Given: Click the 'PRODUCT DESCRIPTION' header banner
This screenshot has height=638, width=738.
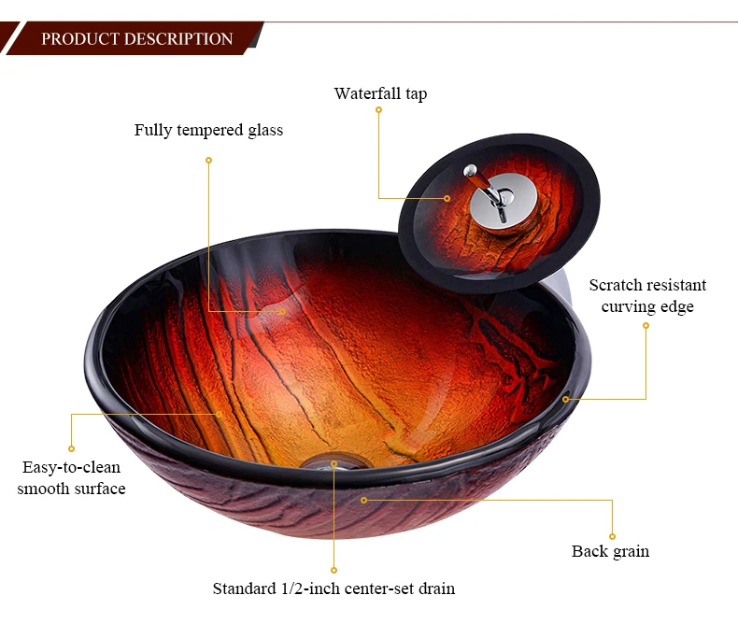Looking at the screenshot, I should point(136,39).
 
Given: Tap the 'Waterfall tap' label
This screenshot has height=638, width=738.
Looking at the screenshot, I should point(380,93).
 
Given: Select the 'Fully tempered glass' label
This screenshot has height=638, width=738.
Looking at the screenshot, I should point(208,130).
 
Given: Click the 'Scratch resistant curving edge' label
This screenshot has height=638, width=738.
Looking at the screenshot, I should point(647,296).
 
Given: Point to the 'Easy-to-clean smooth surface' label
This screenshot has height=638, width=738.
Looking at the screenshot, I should point(71,477).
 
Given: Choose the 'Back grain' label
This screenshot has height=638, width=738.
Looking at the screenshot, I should point(610,551).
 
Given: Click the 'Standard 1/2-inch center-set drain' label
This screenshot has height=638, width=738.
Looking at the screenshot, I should point(334,588).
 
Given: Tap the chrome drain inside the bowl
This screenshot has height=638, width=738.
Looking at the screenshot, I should point(334,461).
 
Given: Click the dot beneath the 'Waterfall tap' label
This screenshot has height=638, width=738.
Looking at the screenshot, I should point(378,110).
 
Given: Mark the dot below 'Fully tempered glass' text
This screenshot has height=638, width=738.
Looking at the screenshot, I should point(208,160).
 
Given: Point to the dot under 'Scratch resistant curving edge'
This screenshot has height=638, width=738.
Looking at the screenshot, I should point(646,325).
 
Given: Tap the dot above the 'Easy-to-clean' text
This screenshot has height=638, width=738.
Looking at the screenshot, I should point(71,448).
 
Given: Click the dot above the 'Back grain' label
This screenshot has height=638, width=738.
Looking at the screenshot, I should point(612,536).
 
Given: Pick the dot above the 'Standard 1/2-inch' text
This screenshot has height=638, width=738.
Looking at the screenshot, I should point(334,569).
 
